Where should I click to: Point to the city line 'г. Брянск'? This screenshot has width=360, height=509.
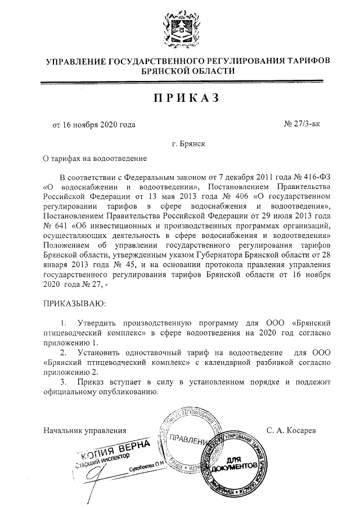[188, 143]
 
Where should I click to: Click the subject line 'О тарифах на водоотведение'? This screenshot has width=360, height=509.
[95, 159]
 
